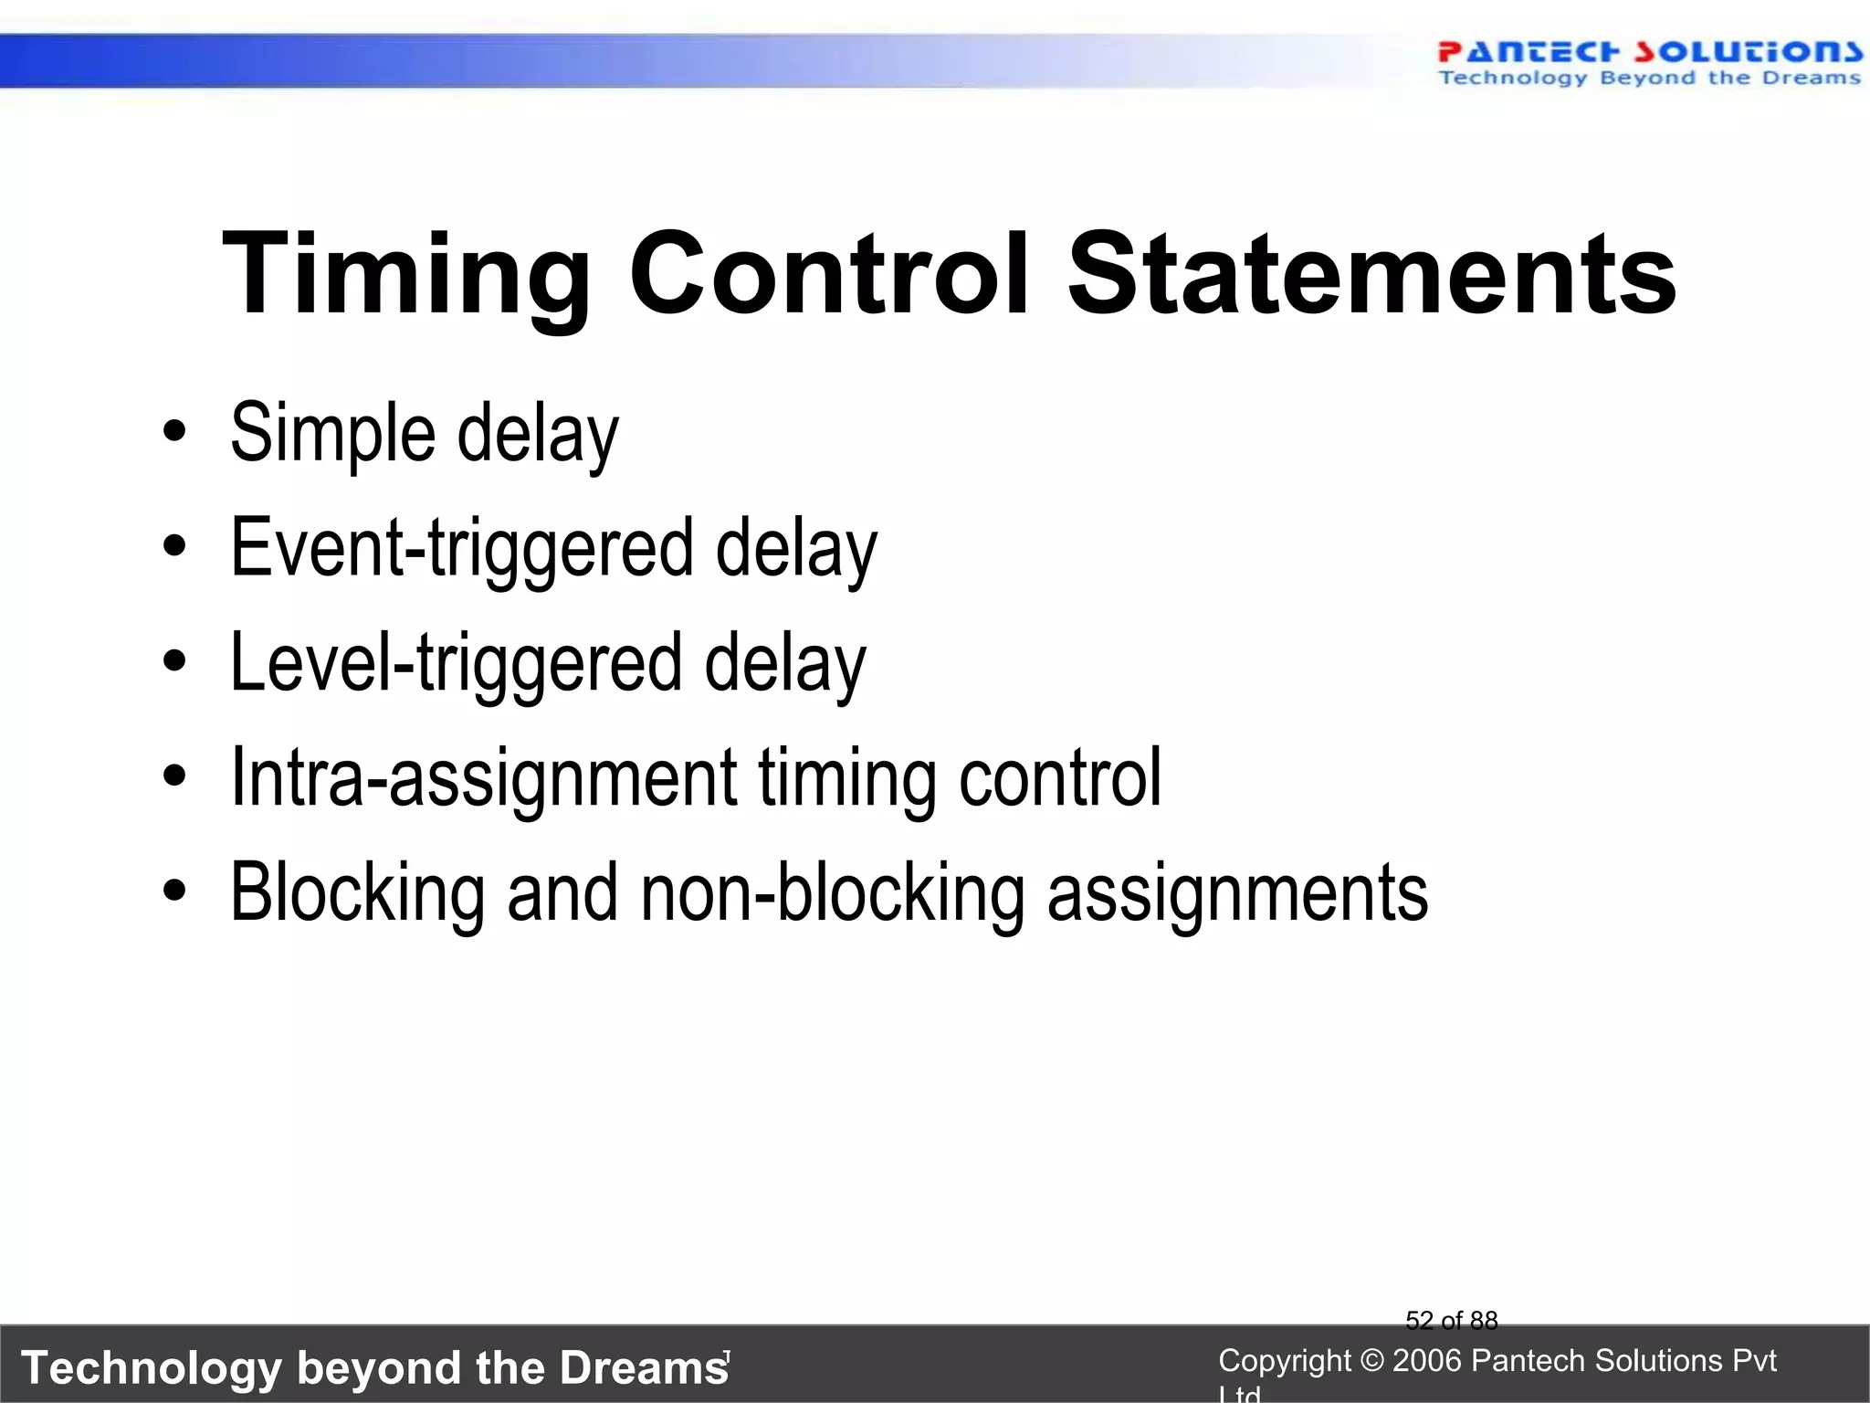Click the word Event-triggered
click(x=462, y=549)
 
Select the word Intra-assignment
click(x=483, y=778)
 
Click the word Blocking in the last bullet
click(x=357, y=893)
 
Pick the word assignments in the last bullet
click(x=1237, y=893)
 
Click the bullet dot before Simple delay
click(x=174, y=432)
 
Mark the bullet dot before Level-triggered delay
click(x=174, y=662)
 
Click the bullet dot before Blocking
click(x=174, y=891)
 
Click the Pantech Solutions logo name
click(x=1649, y=51)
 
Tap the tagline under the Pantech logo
click(x=1649, y=79)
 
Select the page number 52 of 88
click(x=1451, y=1320)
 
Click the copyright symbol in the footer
click(x=1372, y=1361)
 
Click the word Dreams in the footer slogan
click(x=643, y=1368)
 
